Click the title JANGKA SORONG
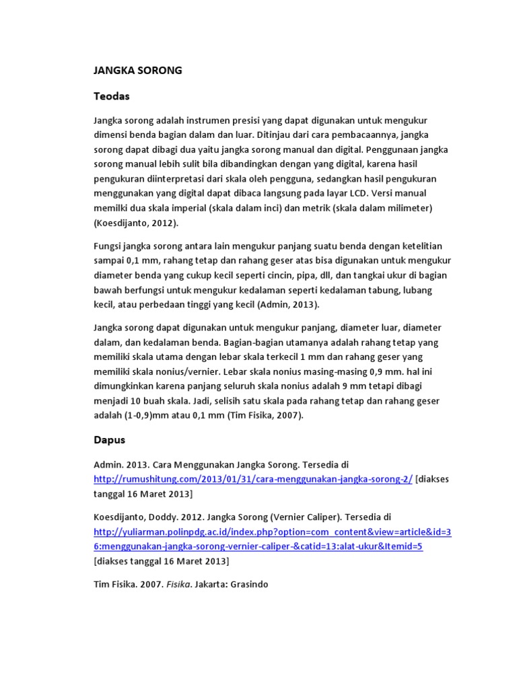[137, 70]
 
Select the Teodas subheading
[111, 96]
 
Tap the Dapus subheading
[109, 440]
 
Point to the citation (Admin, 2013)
[287, 304]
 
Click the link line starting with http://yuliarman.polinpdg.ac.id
[273, 532]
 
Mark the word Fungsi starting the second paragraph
[107, 246]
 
